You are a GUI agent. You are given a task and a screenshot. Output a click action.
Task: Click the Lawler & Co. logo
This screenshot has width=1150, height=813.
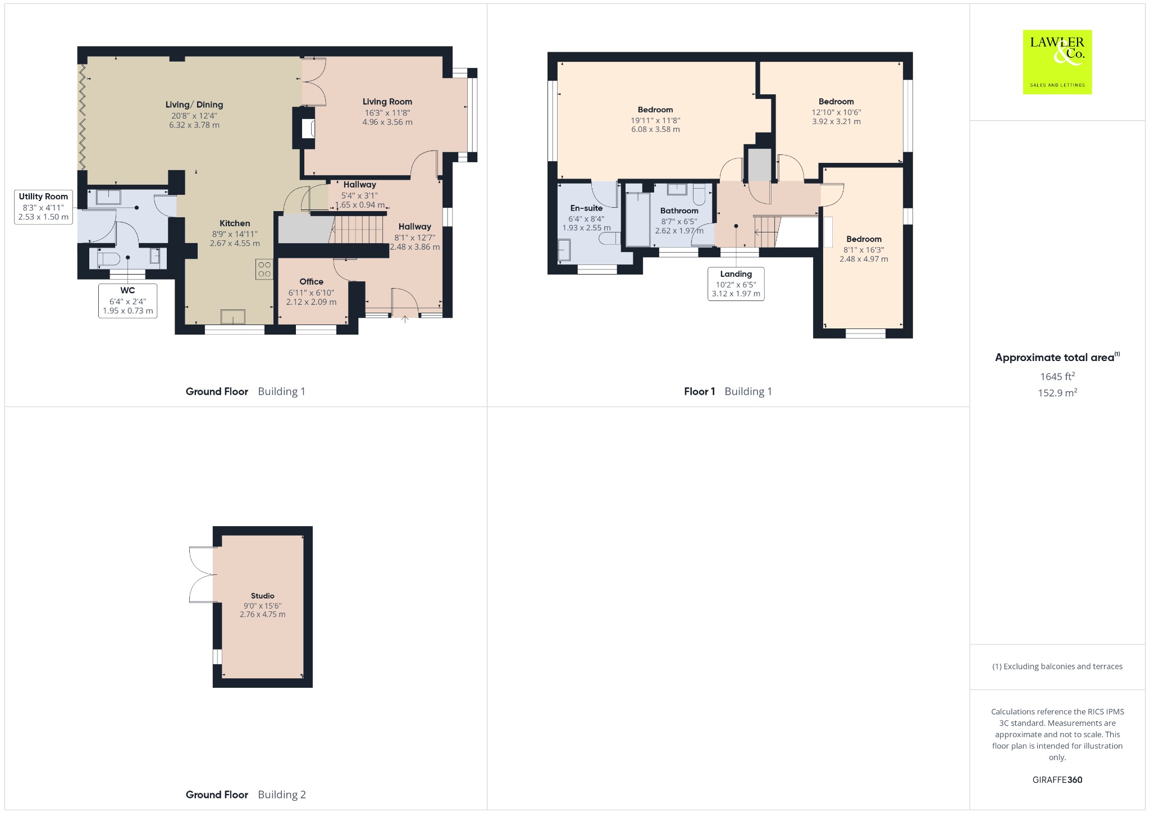(x=1057, y=62)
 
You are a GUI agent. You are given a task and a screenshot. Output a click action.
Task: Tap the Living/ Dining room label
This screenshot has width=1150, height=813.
(x=194, y=105)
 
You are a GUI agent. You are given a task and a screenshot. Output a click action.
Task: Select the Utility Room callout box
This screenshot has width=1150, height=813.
(x=43, y=207)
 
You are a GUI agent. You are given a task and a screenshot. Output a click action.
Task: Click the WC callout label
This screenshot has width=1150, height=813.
(x=127, y=300)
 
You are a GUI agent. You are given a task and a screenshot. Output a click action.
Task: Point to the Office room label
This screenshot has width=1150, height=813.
(x=311, y=282)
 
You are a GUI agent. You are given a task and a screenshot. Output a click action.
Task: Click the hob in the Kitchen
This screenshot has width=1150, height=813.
(x=264, y=269)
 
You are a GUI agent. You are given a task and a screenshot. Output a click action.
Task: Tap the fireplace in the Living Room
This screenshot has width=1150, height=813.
(x=308, y=129)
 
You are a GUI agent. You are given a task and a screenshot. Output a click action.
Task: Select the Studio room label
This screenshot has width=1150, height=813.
(x=263, y=596)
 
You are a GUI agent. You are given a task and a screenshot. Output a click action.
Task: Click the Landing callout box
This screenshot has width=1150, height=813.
(x=736, y=284)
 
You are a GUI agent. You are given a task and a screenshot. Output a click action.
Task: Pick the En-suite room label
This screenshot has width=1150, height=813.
(x=586, y=208)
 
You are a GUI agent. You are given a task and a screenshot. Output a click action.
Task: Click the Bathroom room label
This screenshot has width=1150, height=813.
(x=679, y=211)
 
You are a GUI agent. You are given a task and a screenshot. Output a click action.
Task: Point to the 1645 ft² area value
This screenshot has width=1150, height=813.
(x=1057, y=376)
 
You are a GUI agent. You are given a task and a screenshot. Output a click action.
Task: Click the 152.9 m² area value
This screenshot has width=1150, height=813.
(x=1057, y=392)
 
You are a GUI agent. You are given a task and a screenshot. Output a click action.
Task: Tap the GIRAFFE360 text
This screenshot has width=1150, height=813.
(x=1057, y=780)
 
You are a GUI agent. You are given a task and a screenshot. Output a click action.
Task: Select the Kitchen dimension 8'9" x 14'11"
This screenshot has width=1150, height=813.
(x=235, y=234)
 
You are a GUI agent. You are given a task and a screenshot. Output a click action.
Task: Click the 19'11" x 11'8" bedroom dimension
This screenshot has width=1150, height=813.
(x=655, y=120)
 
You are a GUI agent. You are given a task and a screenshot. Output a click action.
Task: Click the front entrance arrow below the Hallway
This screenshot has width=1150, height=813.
(x=404, y=319)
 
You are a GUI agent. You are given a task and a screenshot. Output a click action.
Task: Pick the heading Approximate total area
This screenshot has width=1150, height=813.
(x=1055, y=358)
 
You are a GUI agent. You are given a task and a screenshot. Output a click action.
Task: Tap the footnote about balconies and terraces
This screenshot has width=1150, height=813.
(x=1057, y=666)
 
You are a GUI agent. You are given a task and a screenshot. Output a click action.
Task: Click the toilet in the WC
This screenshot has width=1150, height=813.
(x=107, y=258)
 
